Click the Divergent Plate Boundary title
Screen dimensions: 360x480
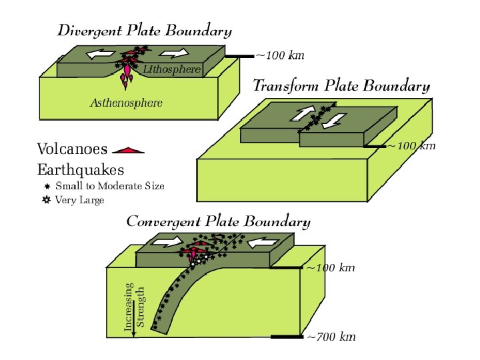(x=145, y=31)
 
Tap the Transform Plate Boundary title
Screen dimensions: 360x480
(x=341, y=86)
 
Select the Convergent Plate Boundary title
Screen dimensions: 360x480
(x=218, y=221)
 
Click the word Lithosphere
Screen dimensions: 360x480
(x=172, y=69)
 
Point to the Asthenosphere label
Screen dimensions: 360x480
(x=126, y=103)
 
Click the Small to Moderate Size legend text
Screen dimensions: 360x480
(x=110, y=186)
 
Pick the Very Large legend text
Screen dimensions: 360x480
(x=80, y=200)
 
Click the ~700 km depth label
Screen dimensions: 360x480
(x=331, y=337)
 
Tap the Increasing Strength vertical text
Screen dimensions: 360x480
(x=134, y=307)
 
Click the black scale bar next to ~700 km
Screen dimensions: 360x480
(x=286, y=337)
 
